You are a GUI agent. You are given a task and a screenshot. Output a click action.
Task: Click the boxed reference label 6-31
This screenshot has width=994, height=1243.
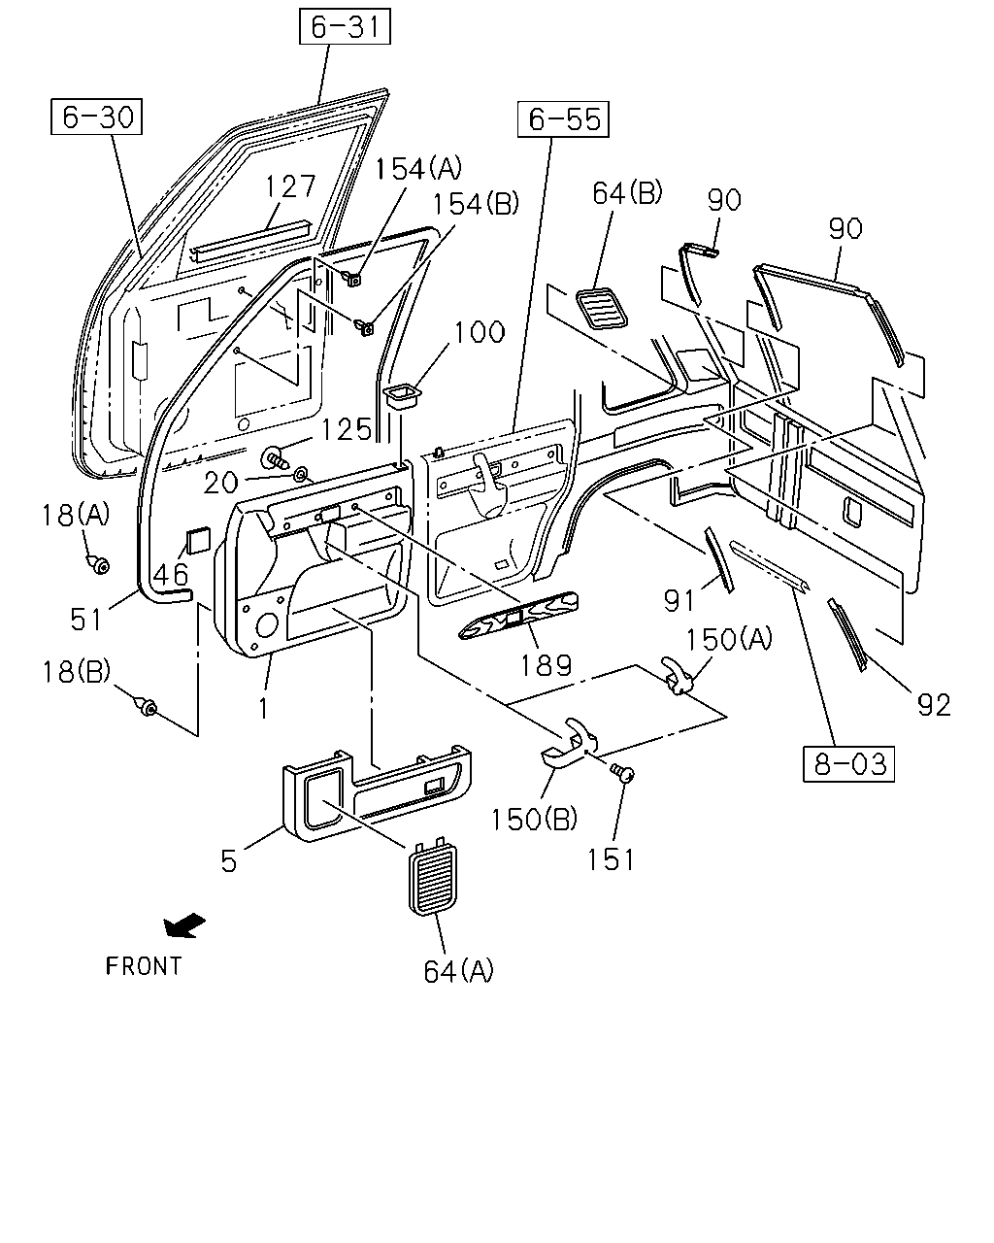tap(345, 26)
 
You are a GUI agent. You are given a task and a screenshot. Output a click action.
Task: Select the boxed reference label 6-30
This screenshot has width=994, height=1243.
tap(96, 117)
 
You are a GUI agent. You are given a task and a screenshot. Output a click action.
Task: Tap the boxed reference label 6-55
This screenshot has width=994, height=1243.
tap(563, 119)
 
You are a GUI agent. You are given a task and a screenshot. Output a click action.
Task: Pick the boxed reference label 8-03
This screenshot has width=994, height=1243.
tap(849, 764)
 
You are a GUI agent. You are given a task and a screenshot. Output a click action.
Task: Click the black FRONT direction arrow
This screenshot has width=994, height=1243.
tap(183, 924)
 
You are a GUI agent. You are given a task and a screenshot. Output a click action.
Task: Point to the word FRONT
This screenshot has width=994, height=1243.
tap(144, 966)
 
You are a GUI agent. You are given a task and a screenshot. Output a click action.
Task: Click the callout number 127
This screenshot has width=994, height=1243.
tap(290, 186)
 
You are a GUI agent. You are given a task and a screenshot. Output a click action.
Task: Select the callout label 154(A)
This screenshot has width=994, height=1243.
tap(418, 169)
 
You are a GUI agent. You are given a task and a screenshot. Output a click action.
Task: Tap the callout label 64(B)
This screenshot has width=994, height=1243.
tap(627, 193)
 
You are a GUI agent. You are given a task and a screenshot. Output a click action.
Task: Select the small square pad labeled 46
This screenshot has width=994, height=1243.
tap(197, 541)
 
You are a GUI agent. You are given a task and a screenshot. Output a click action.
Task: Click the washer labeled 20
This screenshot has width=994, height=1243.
tap(302, 476)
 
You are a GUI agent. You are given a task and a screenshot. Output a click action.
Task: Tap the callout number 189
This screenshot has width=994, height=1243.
tap(546, 665)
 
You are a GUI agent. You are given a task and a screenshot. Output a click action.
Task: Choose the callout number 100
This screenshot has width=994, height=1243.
tap(480, 333)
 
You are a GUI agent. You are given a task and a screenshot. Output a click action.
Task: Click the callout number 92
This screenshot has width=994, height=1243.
tap(934, 705)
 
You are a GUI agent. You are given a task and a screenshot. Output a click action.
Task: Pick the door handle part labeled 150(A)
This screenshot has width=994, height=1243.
tap(677, 675)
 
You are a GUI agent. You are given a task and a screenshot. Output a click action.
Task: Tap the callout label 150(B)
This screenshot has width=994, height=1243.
tap(534, 819)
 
